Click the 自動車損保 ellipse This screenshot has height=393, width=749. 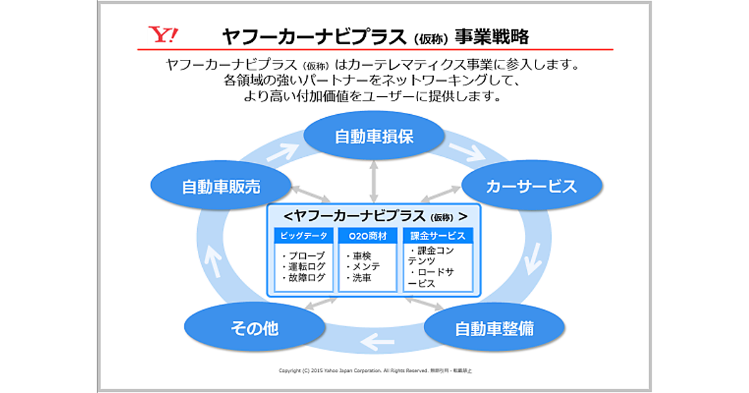(x=374, y=137)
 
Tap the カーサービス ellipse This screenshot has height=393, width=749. (x=531, y=187)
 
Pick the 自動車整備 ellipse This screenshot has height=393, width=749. (x=494, y=328)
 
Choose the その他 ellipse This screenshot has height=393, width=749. (x=254, y=328)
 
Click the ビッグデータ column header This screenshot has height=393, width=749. (x=303, y=236)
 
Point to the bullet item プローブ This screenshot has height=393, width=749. (x=304, y=256)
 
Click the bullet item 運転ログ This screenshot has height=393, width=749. (x=304, y=267)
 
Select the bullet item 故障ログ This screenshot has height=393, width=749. (x=304, y=278)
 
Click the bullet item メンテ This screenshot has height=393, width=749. (x=365, y=267)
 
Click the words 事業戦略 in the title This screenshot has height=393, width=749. (x=491, y=37)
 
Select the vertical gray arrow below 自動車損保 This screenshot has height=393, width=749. (x=373, y=182)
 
